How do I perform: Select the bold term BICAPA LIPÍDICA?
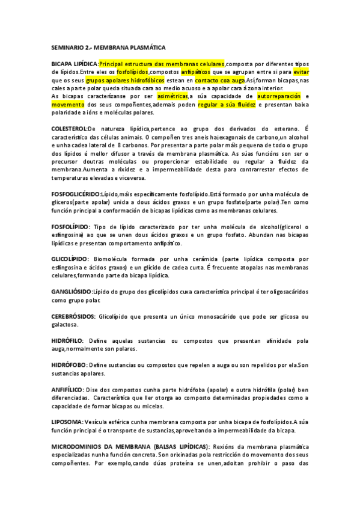pyautogui.click(x=74, y=64)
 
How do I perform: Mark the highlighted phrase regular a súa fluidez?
pyautogui.click(x=230, y=104)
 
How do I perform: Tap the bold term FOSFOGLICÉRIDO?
pyautogui.click(x=76, y=194)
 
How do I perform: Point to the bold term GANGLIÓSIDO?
pyautogui.click(x=72, y=291)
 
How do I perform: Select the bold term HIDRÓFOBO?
pyautogui.click(x=69, y=364)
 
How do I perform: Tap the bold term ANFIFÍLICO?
pyautogui.click(x=67, y=389)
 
